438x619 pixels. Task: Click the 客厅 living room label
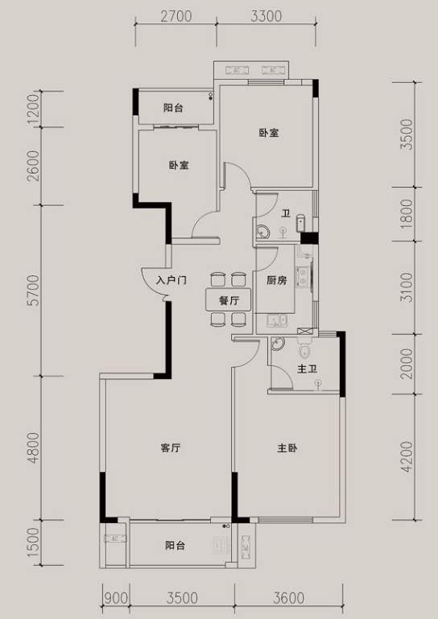[x=171, y=448]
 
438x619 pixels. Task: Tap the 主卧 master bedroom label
[x=287, y=448]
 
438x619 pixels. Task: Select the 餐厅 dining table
[x=229, y=299]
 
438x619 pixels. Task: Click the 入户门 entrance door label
[x=171, y=281]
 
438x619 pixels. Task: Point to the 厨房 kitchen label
[x=276, y=280]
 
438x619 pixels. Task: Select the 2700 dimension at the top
[x=176, y=16]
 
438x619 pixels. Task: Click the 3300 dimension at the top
[x=267, y=16]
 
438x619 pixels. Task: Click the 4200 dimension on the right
[x=407, y=456]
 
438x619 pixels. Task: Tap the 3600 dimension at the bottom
[x=288, y=598]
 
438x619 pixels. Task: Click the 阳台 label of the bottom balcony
[x=175, y=546]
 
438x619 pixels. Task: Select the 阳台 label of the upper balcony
[x=173, y=108]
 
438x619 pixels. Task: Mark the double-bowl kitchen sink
[x=277, y=320]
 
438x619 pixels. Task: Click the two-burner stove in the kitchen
[x=303, y=276]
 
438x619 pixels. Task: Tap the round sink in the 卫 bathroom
[x=262, y=230]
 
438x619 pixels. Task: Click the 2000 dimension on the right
[x=407, y=364]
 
